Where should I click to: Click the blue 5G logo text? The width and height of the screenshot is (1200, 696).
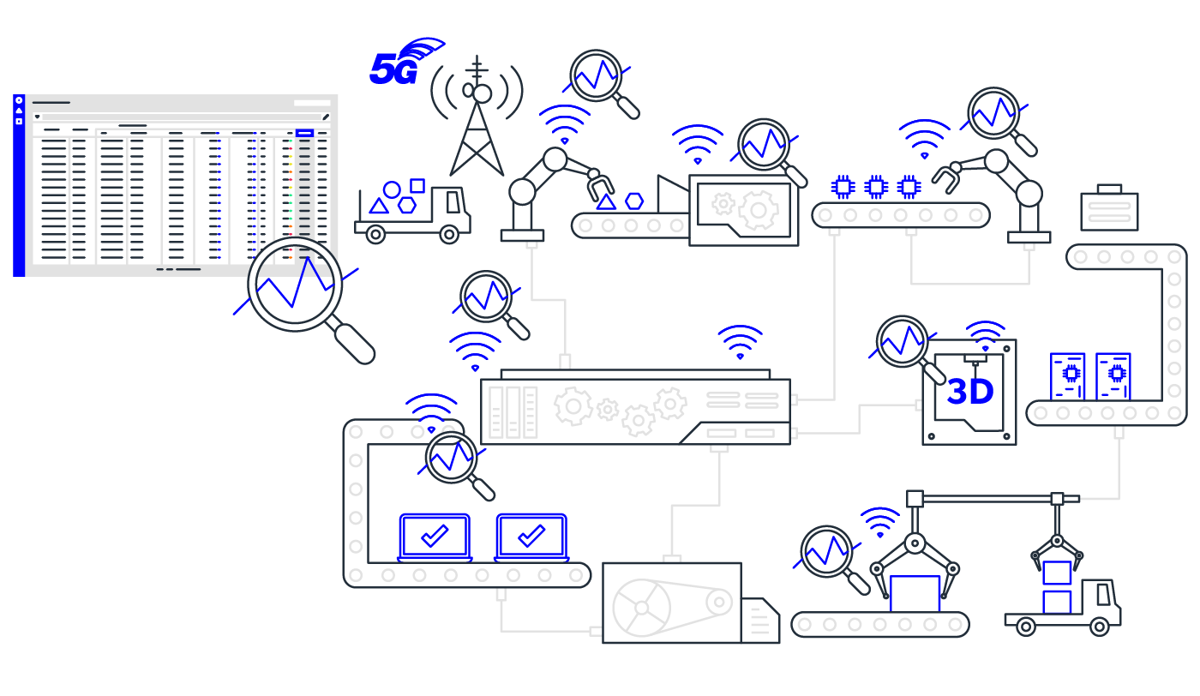[393, 69]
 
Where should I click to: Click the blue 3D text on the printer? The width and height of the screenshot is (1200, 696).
[969, 393]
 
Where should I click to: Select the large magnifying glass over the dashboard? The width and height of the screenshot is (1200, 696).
[296, 284]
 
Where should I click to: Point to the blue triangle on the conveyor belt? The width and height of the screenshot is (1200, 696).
[606, 202]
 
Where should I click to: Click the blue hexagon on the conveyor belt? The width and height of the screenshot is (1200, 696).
[634, 201]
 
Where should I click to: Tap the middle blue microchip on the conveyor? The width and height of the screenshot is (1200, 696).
[876, 186]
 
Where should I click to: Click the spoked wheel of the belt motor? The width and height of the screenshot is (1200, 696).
[641, 608]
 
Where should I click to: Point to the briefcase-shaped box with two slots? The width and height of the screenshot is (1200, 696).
[1109, 210]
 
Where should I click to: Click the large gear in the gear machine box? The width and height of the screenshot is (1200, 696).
[758, 210]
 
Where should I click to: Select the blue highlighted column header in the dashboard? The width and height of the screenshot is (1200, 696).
[304, 133]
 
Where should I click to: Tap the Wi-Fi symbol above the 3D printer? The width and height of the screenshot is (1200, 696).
[986, 334]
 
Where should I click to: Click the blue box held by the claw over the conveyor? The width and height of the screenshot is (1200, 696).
[915, 593]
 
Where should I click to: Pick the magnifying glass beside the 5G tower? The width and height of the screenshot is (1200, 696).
[596, 76]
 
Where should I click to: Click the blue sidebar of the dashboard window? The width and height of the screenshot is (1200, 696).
[19, 185]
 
